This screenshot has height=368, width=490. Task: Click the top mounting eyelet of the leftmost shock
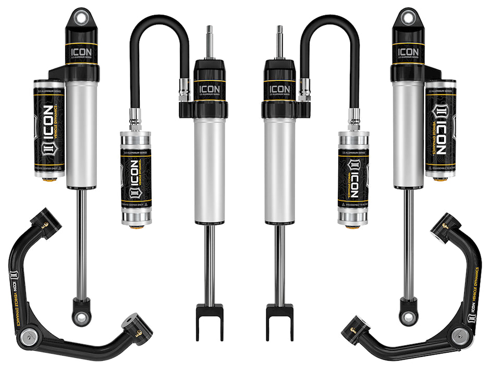(81, 17)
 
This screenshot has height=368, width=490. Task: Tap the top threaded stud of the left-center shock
(210, 40)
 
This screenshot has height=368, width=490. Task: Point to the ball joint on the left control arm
(27, 338)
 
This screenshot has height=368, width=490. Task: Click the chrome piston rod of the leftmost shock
(81, 240)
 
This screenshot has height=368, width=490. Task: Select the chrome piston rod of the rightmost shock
(408, 240)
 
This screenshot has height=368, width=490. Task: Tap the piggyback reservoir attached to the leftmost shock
(49, 128)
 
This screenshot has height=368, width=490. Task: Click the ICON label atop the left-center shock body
(210, 89)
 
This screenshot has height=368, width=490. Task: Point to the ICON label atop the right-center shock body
(279, 89)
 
